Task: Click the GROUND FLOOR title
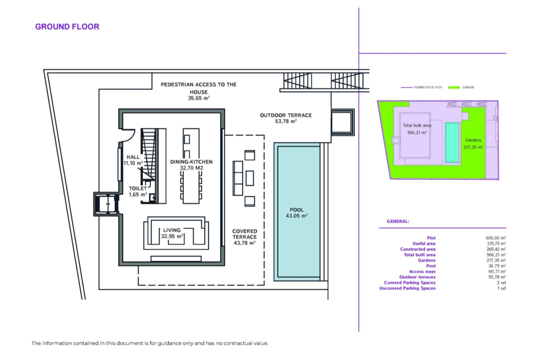(67, 27)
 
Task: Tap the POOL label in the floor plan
(296, 210)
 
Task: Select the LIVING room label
(172, 230)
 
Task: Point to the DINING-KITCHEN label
(191, 162)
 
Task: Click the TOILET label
(138, 188)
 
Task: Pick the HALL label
(133, 157)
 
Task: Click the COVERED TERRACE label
(245, 234)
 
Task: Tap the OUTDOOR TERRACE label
(285, 115)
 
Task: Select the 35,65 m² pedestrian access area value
(199, 98)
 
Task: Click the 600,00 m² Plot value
(496, 238)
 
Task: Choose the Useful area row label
(424, 244)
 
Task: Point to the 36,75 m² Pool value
(496, 266)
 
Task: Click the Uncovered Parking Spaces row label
(407, 288)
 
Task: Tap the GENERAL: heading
(398, 222)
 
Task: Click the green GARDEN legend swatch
(454, 88)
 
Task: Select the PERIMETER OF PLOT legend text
(428, 88)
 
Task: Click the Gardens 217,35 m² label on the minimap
(473, 144)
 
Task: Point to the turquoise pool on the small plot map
(452, 143)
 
